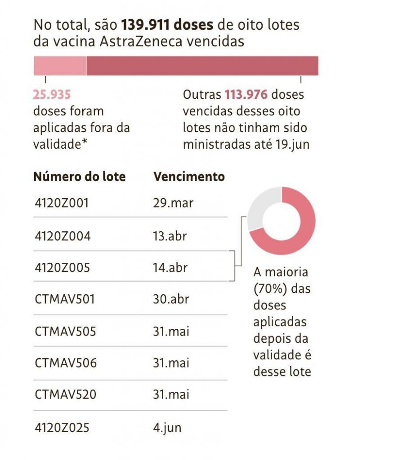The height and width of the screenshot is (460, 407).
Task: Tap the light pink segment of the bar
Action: pos(60,66)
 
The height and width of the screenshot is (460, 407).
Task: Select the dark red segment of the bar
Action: pos(202,66)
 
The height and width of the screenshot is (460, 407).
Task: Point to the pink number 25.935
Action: pos(52,95)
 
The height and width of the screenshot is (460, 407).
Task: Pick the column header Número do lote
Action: pos(80,177)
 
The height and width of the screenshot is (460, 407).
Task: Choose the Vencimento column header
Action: pos(189,177)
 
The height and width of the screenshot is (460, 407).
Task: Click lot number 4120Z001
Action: pos(62,203)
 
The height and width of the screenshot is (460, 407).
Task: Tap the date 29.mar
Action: pos(173,203)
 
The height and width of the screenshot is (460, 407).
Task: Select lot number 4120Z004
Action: pos(63,236)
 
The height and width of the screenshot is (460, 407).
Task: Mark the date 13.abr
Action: pos(170,236)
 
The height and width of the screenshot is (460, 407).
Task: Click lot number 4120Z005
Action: pos(63,268)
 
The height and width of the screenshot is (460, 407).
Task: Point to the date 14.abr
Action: pos(170,268)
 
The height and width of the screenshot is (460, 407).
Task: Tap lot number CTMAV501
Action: pos(65,299)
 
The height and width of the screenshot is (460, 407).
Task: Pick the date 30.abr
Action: pos(171,299)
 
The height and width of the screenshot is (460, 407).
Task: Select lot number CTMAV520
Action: pos(66,395)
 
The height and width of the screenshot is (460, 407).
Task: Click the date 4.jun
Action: pos(167,427)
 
